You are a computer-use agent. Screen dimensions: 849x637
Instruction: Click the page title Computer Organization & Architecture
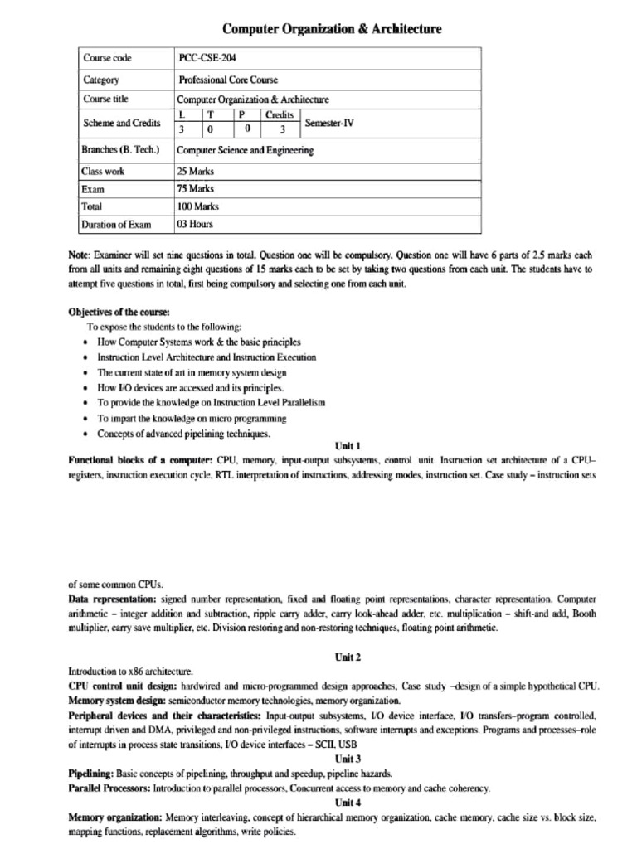(331, 29)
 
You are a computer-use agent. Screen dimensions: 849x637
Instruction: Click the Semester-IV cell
(330, 122)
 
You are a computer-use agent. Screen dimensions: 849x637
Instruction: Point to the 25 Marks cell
(196, 171)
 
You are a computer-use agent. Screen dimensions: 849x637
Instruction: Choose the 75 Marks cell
(196, 188)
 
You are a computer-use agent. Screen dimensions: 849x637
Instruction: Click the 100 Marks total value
(198, 206)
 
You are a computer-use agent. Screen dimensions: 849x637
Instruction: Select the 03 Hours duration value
(195, 224)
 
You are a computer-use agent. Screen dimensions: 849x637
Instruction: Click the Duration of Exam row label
(116, 224)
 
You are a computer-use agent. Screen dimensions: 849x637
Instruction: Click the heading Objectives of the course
(118, 312)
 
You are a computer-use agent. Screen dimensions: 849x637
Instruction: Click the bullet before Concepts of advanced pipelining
(87, 434)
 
